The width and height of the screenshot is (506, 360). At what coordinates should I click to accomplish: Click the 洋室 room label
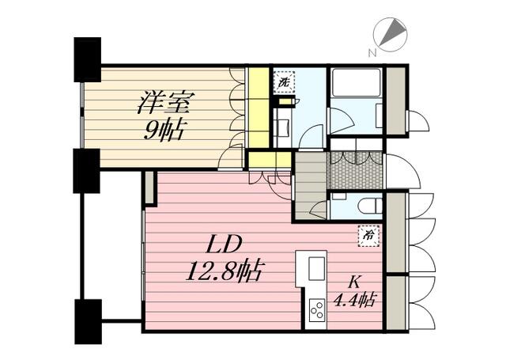click(166, 102)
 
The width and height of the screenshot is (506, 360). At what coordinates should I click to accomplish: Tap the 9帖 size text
click(164, 130)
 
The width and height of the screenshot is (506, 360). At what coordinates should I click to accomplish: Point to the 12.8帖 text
click(225, 271)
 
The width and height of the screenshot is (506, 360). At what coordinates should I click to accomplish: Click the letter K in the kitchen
click(354, 282)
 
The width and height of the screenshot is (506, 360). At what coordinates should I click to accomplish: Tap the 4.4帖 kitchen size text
click(354, 300)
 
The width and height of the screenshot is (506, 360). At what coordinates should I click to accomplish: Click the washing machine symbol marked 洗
click(284, 81)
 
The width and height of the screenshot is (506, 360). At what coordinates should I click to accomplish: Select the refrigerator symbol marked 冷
click(368, 236)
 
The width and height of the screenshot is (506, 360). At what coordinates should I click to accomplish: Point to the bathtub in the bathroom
click(357, 82)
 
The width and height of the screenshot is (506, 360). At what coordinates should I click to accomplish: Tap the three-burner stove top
click(317, 310)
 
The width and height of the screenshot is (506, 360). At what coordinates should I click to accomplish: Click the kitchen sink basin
click(316, 268)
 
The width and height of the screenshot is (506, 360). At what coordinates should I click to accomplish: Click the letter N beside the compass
click(372, 53)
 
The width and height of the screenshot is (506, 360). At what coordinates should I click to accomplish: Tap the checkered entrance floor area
click(355, 170)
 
